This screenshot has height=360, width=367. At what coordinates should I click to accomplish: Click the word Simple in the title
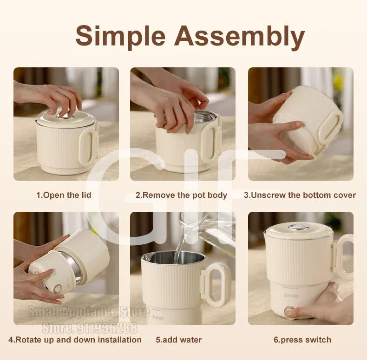click(x=119, y=36)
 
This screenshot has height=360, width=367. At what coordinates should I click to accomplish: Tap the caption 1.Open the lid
click(x=64, y=195)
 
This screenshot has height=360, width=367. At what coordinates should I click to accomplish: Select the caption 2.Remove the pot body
click(x=181, y=195)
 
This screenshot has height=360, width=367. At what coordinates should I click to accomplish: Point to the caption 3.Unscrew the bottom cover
click(x=300, y=195)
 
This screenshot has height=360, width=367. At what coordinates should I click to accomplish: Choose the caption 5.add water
click(x=179, y=340)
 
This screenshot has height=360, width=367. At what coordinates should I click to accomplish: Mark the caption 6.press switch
click(x=302, y=340)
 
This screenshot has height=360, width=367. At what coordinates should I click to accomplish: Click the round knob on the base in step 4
click(x=57, y=289)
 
